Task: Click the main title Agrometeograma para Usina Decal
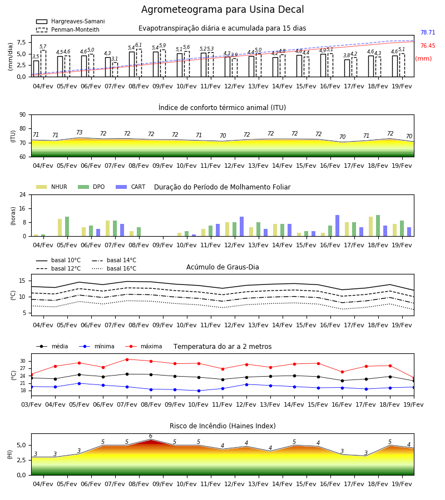222,9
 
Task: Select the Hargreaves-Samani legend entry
70,21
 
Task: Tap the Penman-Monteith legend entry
68,29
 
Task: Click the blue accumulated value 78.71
428,33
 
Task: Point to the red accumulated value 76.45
428,46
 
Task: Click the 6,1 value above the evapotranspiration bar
139,45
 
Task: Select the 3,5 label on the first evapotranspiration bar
36,57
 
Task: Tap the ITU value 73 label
79,132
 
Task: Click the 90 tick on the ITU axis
23,115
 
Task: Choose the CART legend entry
131,187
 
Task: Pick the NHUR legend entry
52,187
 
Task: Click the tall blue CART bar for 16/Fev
338,226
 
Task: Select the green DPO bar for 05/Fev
67,227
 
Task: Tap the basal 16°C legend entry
114,268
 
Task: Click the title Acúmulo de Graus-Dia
222,267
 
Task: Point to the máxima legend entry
144,346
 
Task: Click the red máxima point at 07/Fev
127,359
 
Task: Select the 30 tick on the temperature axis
23,361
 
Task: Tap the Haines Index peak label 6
151,436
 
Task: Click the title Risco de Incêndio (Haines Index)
222,426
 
